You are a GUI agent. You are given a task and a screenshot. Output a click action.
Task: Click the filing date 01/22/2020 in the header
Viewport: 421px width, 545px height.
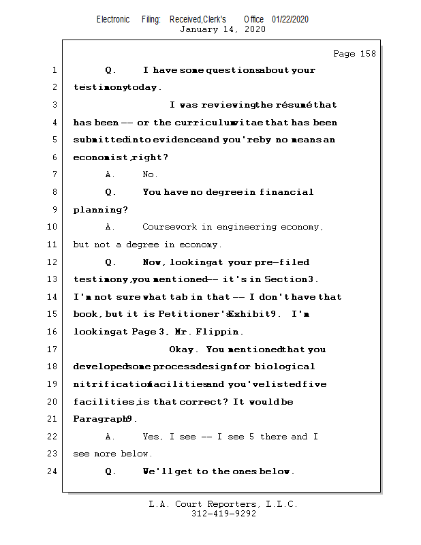[x=290, y=20]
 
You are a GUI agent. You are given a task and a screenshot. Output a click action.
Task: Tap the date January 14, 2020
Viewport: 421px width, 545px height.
[x=223, y=29]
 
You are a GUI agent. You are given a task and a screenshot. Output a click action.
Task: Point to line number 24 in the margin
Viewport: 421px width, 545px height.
[x=52, y=471]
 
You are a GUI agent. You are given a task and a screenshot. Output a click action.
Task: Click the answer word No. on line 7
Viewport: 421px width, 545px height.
[x=150, y=175]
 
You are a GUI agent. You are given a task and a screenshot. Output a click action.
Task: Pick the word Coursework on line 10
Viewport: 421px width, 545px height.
[x=169, y=227]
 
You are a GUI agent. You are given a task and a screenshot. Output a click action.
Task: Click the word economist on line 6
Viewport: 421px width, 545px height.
[x=100, y=157]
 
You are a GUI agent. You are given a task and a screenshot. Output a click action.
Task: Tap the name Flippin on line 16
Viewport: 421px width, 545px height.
[x=221, y=332]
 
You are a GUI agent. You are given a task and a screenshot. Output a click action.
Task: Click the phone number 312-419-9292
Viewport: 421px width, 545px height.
[x=223, y=514]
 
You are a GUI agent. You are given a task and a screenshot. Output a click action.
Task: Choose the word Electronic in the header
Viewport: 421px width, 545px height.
[x=113, y=20]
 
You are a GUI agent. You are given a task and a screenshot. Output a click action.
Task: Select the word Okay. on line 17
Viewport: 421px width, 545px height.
[x=183, y=349]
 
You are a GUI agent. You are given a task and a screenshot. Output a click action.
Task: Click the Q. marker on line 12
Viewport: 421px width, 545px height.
[x=110, y=262]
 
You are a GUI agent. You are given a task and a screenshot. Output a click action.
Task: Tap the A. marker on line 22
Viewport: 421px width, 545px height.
[x=110, y=437]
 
